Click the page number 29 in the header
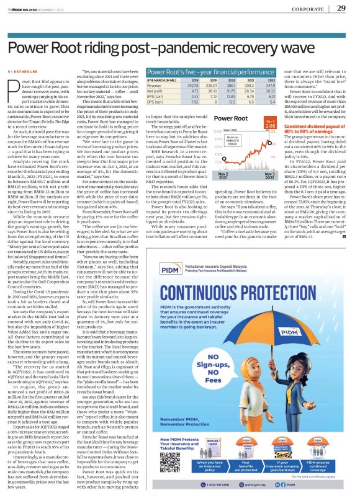(x=341, y=8)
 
